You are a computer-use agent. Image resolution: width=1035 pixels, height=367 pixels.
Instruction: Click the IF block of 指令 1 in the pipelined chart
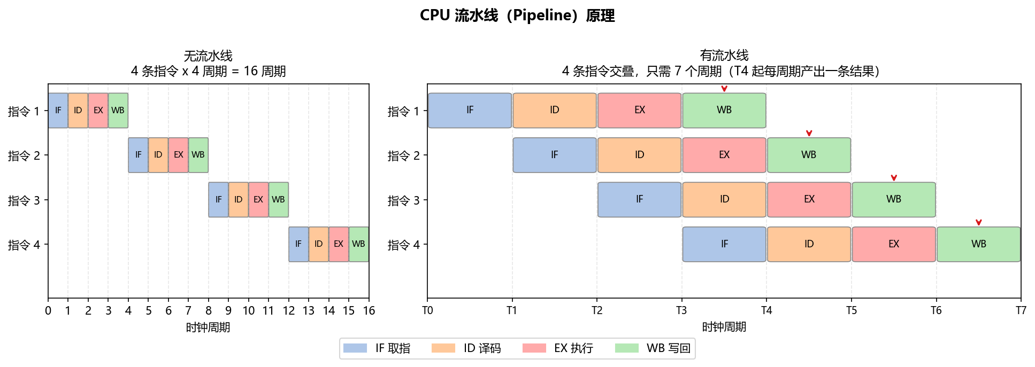(470, 111)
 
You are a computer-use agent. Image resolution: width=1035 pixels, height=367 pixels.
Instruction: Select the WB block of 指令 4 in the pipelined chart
(978, 244)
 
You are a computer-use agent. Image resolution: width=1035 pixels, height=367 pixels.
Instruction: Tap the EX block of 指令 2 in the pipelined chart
(724, 155)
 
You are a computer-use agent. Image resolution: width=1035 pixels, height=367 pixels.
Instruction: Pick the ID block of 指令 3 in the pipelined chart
(724, 200)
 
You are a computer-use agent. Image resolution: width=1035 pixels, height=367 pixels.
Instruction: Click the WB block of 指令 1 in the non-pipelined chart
(118, 111)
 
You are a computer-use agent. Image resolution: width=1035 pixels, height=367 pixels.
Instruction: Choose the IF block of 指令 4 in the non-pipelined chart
(298, 244)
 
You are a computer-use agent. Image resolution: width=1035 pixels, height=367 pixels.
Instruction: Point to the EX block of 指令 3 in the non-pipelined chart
(258, 200)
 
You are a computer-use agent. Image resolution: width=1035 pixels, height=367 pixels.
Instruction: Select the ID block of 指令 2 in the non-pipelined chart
(158, 155)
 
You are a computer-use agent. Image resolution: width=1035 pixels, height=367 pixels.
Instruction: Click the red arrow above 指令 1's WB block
(724, 89)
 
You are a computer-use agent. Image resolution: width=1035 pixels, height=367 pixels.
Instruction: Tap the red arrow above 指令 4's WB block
(978, 222)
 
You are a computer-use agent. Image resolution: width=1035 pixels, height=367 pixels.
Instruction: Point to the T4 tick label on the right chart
(766, 311)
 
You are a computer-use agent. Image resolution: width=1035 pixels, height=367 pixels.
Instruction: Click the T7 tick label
(1021, 311)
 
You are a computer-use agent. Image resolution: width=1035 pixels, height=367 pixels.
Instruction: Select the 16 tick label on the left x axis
(369, 311)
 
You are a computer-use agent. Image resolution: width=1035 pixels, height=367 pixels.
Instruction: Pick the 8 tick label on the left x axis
(209, 311)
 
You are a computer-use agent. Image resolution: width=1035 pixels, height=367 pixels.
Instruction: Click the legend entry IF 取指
(377, 348)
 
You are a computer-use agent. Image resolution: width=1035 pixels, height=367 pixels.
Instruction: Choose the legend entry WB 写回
(653, 348)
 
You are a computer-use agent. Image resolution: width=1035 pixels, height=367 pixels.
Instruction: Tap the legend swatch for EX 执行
(534, 348)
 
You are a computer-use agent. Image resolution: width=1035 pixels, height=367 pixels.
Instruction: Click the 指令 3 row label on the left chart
(24, 200)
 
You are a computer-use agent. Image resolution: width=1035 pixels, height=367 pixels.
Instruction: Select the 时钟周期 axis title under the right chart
(724, 327)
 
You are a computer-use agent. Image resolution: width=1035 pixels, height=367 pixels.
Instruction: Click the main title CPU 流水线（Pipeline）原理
(517, 15)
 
